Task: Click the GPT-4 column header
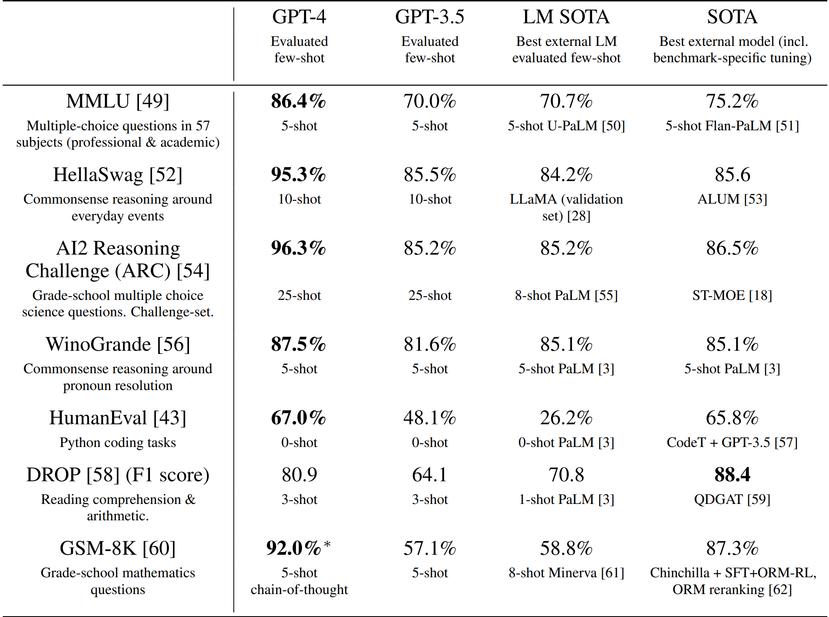299,17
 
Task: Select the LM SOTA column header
566,17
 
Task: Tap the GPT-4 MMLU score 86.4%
298,101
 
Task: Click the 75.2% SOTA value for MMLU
732,101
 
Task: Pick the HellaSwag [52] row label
118,175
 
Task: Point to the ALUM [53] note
732,199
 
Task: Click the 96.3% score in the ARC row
298,248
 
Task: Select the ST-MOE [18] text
732,295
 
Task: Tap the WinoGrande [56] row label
118,345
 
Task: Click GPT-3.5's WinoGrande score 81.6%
429,345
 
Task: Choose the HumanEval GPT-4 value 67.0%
298,418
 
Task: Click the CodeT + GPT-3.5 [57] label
732,442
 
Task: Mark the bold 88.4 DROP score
732,475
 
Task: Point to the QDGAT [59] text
732,499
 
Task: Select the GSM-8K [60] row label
118,549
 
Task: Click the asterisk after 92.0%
327,545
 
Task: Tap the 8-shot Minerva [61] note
566,573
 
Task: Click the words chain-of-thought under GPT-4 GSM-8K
299,590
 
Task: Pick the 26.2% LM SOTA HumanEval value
566,418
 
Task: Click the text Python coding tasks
118,442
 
